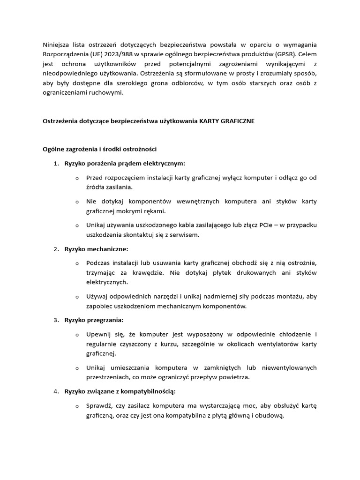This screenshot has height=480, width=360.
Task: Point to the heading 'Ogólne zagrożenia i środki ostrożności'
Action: (x=100, y=149)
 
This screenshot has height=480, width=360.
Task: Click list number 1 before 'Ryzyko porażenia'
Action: (x=55, y=164)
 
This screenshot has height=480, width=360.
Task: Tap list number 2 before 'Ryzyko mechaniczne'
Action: (x=55, y=248)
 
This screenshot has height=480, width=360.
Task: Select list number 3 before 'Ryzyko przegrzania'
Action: (x=55, y=320)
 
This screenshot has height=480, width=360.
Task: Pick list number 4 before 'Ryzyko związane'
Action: (x=55, y=391)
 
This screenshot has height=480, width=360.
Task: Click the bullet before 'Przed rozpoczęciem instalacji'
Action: (x=77, y=178)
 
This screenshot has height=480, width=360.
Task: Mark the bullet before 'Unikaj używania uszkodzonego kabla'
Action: (x=77, y=225)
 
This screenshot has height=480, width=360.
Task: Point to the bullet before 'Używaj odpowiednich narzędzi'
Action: (x=77, y=297)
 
